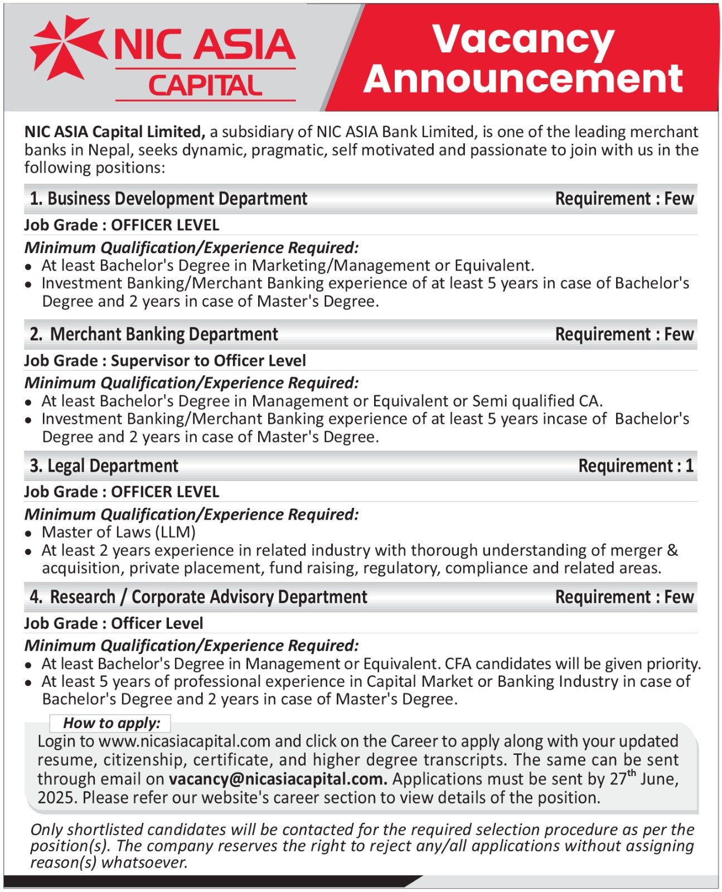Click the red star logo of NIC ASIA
[65, 46]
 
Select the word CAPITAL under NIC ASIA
[205, 86]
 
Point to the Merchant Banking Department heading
[164, 334]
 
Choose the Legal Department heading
[113, 466]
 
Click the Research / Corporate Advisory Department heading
[209, 597]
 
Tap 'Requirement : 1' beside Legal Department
[636, 466]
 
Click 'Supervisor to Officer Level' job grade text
[209, 361]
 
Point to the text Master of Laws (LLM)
[119, 532]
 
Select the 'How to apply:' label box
[111, 723]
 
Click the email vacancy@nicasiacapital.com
[278, 779]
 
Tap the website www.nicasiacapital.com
[185, 741]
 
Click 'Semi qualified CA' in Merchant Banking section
[536, 401]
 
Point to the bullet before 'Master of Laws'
[28, 534]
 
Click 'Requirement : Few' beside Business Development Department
[624, 199]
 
